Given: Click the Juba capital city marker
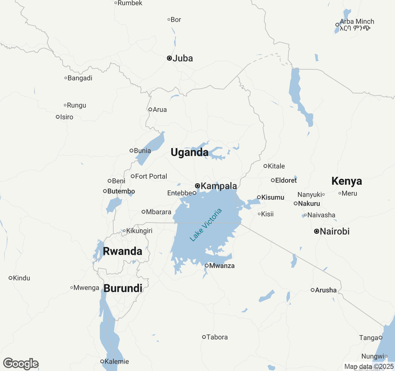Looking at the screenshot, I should [169, 58].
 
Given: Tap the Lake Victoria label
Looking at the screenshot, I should [206, 225].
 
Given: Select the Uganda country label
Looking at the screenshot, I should [189, 152].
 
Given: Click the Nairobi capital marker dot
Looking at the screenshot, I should [317, 231].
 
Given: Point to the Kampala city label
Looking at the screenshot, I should [218, 186].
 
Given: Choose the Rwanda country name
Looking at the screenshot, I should [123, 251].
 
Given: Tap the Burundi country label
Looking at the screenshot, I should [123, 288].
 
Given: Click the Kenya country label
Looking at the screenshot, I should [347, 181].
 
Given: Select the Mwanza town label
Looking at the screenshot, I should [222, 266].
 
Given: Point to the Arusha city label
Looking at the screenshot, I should [326, 290].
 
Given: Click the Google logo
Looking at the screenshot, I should [21, 364].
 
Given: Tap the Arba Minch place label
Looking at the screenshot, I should [357, 22].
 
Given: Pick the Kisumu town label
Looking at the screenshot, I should [272, 197].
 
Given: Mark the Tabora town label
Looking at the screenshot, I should [217, 337].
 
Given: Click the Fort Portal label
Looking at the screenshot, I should [151, 176].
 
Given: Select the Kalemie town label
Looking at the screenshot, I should [117, 361].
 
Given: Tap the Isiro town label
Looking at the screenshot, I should [67, 117].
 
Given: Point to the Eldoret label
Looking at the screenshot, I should [286, 180].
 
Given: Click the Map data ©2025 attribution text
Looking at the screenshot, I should [369, 367].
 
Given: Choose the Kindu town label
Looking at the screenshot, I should [22, 278].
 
